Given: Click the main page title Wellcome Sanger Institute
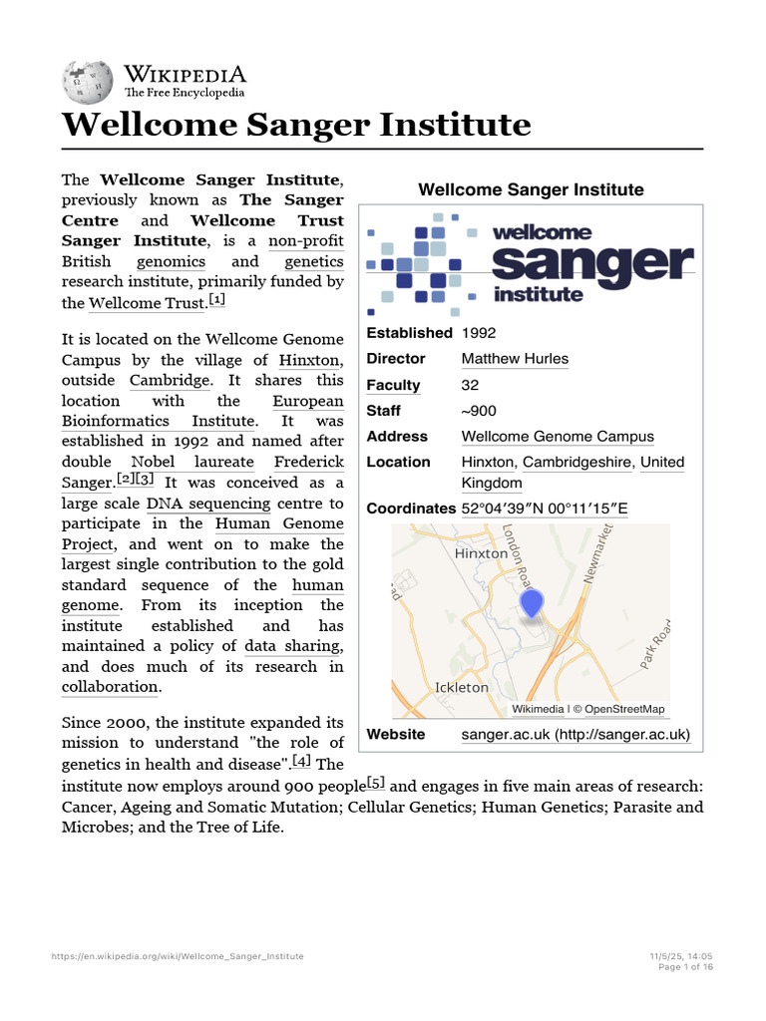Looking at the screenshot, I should coord(296,126).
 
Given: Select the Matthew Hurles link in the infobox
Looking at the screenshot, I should coord(515,359).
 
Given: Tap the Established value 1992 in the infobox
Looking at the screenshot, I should coord(479,333).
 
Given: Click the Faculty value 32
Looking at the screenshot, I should coord(470,385).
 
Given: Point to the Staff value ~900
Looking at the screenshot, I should coord(479,411).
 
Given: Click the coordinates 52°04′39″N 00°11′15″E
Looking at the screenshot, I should coord(545,509).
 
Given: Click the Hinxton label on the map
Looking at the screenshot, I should coord(481,552).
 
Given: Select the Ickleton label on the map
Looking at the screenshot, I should coord(462,688).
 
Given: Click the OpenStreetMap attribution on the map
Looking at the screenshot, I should coord(623,709).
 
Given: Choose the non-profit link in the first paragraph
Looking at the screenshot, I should coord(305,241).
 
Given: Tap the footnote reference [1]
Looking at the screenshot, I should coord(217,299).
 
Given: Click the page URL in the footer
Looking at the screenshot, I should coord(178,956).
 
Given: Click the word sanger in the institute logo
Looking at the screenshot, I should coord(592,263).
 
